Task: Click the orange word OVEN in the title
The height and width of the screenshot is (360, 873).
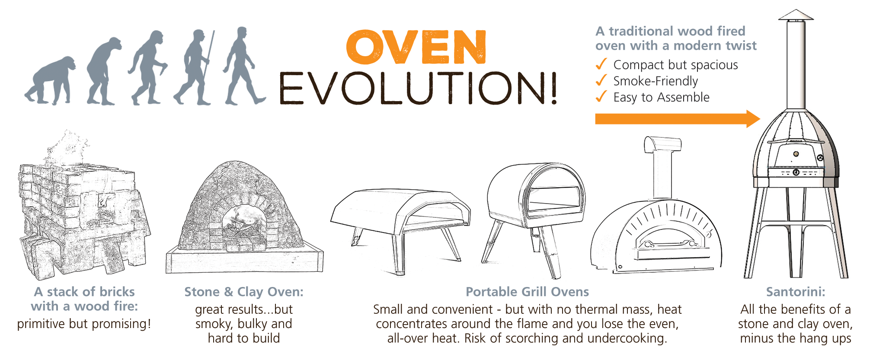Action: click(x=416, y=47)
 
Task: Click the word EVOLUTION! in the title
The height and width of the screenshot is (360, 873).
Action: click(x=418, y=89)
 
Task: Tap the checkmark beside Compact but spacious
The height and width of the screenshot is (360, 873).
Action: click(x=601, y=64)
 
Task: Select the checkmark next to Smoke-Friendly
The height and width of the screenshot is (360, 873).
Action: click(x=601, y=80)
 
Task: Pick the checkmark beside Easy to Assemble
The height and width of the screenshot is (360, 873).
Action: click(x=601, y=96)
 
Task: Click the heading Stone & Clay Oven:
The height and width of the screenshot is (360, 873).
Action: click(x=244, y=292)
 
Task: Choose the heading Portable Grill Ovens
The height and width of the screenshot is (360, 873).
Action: click(x=527, y=292)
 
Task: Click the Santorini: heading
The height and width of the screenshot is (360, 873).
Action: click(x=796, y=292)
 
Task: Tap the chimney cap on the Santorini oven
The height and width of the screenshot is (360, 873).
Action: click(x=796, y=15)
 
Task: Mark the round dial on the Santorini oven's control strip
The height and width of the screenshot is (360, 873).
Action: click(x=796, y=172)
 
